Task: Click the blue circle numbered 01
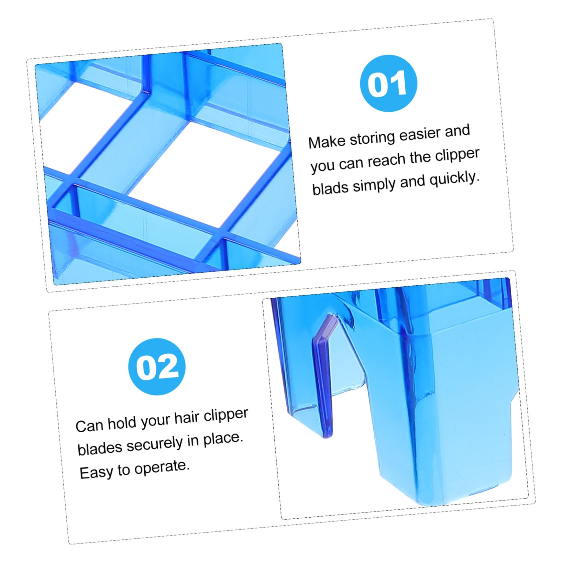pyautogui.click(x=388, y=83)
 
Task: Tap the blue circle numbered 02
pyautogui.click(x=157, y=366)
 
